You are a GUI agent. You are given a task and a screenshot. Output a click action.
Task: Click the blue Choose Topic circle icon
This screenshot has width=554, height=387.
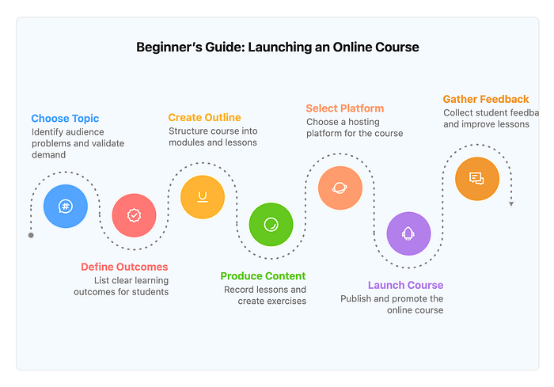[66, 206]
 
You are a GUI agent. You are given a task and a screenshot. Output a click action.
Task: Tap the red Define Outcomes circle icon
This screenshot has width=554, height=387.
[134, 215]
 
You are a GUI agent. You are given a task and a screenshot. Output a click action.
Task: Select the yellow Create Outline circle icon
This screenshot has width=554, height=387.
[203, 197]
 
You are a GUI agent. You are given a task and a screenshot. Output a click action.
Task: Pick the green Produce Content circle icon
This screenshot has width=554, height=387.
[271, 225]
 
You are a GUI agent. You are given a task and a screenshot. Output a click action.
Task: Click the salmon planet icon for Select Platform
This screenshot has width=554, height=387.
[340, 188]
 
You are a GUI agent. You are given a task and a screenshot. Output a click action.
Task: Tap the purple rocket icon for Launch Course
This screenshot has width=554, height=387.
[408, 233]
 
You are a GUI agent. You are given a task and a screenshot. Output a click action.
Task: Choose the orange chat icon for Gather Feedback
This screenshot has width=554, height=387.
[477, 179]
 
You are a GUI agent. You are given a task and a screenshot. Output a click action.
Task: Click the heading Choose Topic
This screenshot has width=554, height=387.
[65, 119]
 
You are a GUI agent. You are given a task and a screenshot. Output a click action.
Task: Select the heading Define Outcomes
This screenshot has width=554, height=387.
[124, 267]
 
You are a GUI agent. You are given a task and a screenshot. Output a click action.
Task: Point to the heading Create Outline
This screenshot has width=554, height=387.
[204, 117]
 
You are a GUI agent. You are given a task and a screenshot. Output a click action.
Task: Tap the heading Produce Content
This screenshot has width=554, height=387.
[263, 276]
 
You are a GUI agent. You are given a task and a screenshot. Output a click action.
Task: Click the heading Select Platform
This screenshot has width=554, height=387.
[345, 108]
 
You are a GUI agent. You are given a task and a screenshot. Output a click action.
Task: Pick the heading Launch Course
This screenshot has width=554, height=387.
[405, 285]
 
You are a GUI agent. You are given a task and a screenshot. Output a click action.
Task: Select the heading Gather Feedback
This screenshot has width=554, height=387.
[486, 99]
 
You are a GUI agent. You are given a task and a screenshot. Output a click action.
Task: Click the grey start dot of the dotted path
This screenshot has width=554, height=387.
[31, 235]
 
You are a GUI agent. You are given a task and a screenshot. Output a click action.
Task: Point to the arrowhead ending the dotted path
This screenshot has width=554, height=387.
[511, 204]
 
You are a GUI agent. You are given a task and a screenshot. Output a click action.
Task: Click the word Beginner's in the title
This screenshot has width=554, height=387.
[169, 47]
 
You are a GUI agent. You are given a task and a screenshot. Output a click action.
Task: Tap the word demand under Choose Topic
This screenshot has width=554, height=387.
[49, 155]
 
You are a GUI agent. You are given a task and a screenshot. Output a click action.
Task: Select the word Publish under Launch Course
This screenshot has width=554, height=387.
[356, 299]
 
